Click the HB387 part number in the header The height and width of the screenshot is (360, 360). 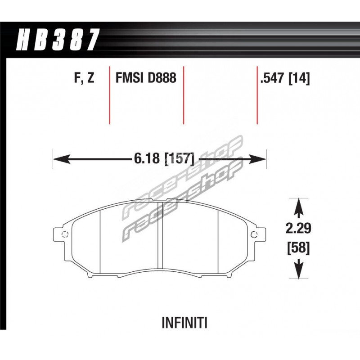[x=58, y=40]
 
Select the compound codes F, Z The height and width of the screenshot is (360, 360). [x=84, y=78]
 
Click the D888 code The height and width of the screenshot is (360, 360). [x=162, y=77]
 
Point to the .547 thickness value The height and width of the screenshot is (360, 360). [x=273, y=78]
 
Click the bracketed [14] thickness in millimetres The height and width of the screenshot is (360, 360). [x=299, y=78]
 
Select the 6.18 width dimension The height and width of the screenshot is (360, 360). [x=147, y=158]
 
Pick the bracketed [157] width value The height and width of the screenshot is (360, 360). [x=180, y=159]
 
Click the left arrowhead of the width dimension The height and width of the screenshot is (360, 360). [x=62, y=159]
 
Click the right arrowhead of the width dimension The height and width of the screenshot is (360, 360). [x=257, y=159]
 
